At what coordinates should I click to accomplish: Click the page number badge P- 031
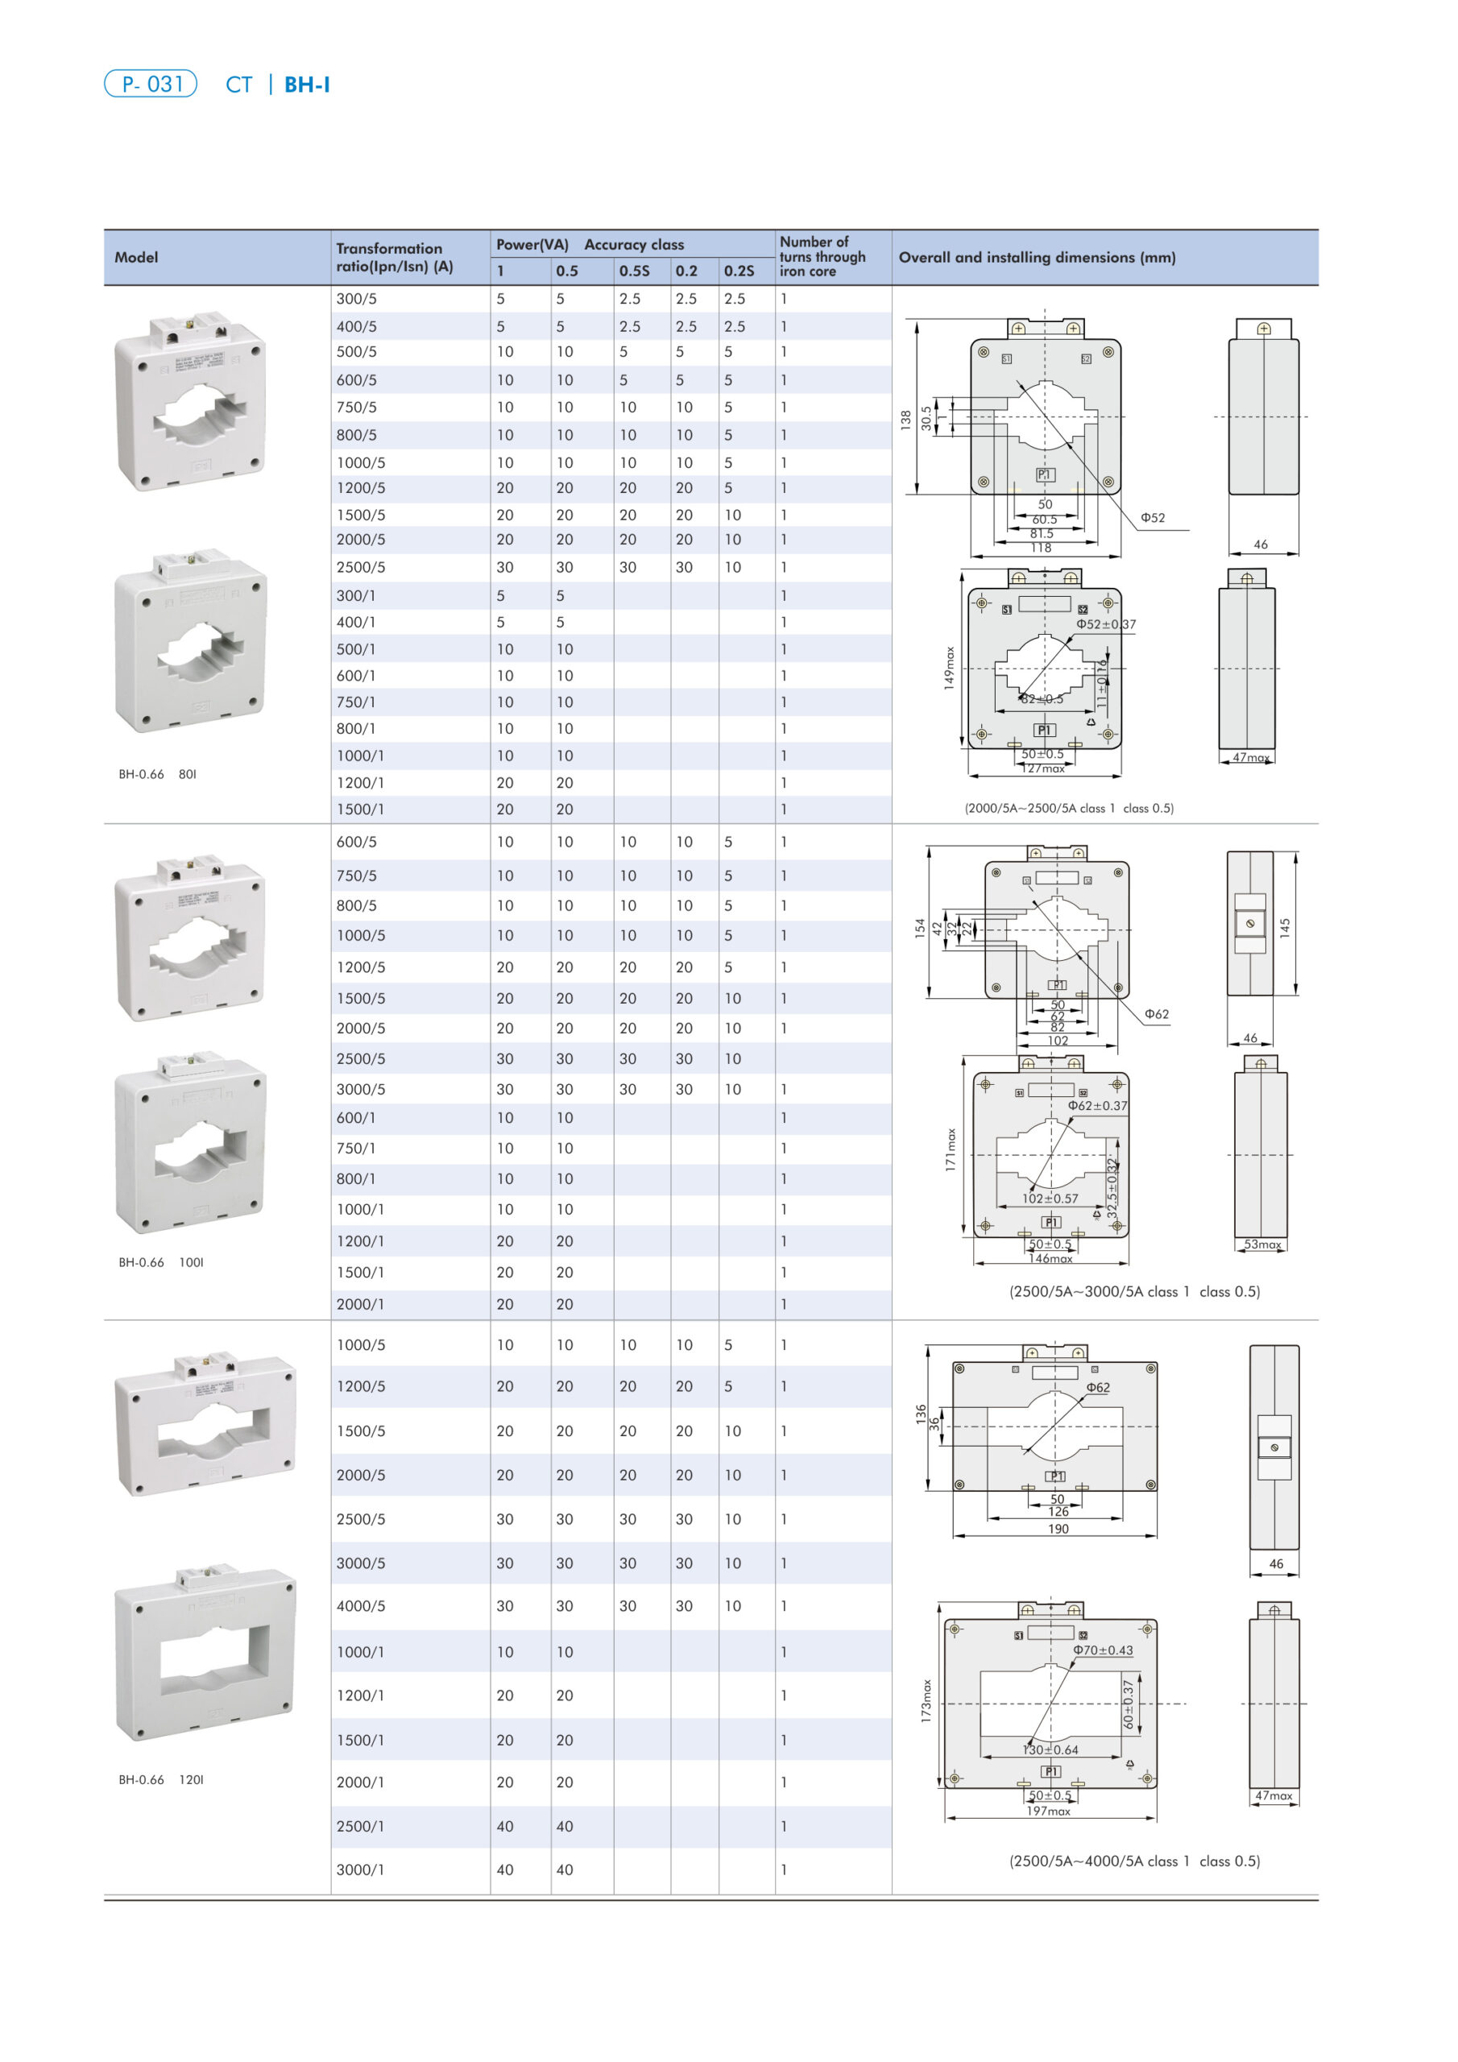point(150,84)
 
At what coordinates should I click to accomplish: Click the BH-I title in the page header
point(306,85)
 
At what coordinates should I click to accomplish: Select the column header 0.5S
point(634,271)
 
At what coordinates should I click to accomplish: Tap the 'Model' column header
point(137,257)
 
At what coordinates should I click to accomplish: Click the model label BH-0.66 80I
point(157,774)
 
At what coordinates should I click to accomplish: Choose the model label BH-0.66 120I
point(161,1779)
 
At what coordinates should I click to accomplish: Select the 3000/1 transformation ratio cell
point(360,1869)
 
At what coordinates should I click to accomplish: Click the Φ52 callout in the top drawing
point(1153,517)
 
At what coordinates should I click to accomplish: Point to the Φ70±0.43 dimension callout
point(1103,1650)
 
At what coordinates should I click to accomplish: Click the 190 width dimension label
point(1058,1529)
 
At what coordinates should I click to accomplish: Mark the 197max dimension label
point(1048,1811)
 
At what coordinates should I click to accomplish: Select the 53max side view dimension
point(1262,1244)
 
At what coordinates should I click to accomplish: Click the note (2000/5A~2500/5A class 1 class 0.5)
point(1069,808)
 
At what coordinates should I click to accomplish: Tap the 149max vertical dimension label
point(949,669)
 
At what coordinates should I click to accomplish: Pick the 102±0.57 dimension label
point(1050,1198)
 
